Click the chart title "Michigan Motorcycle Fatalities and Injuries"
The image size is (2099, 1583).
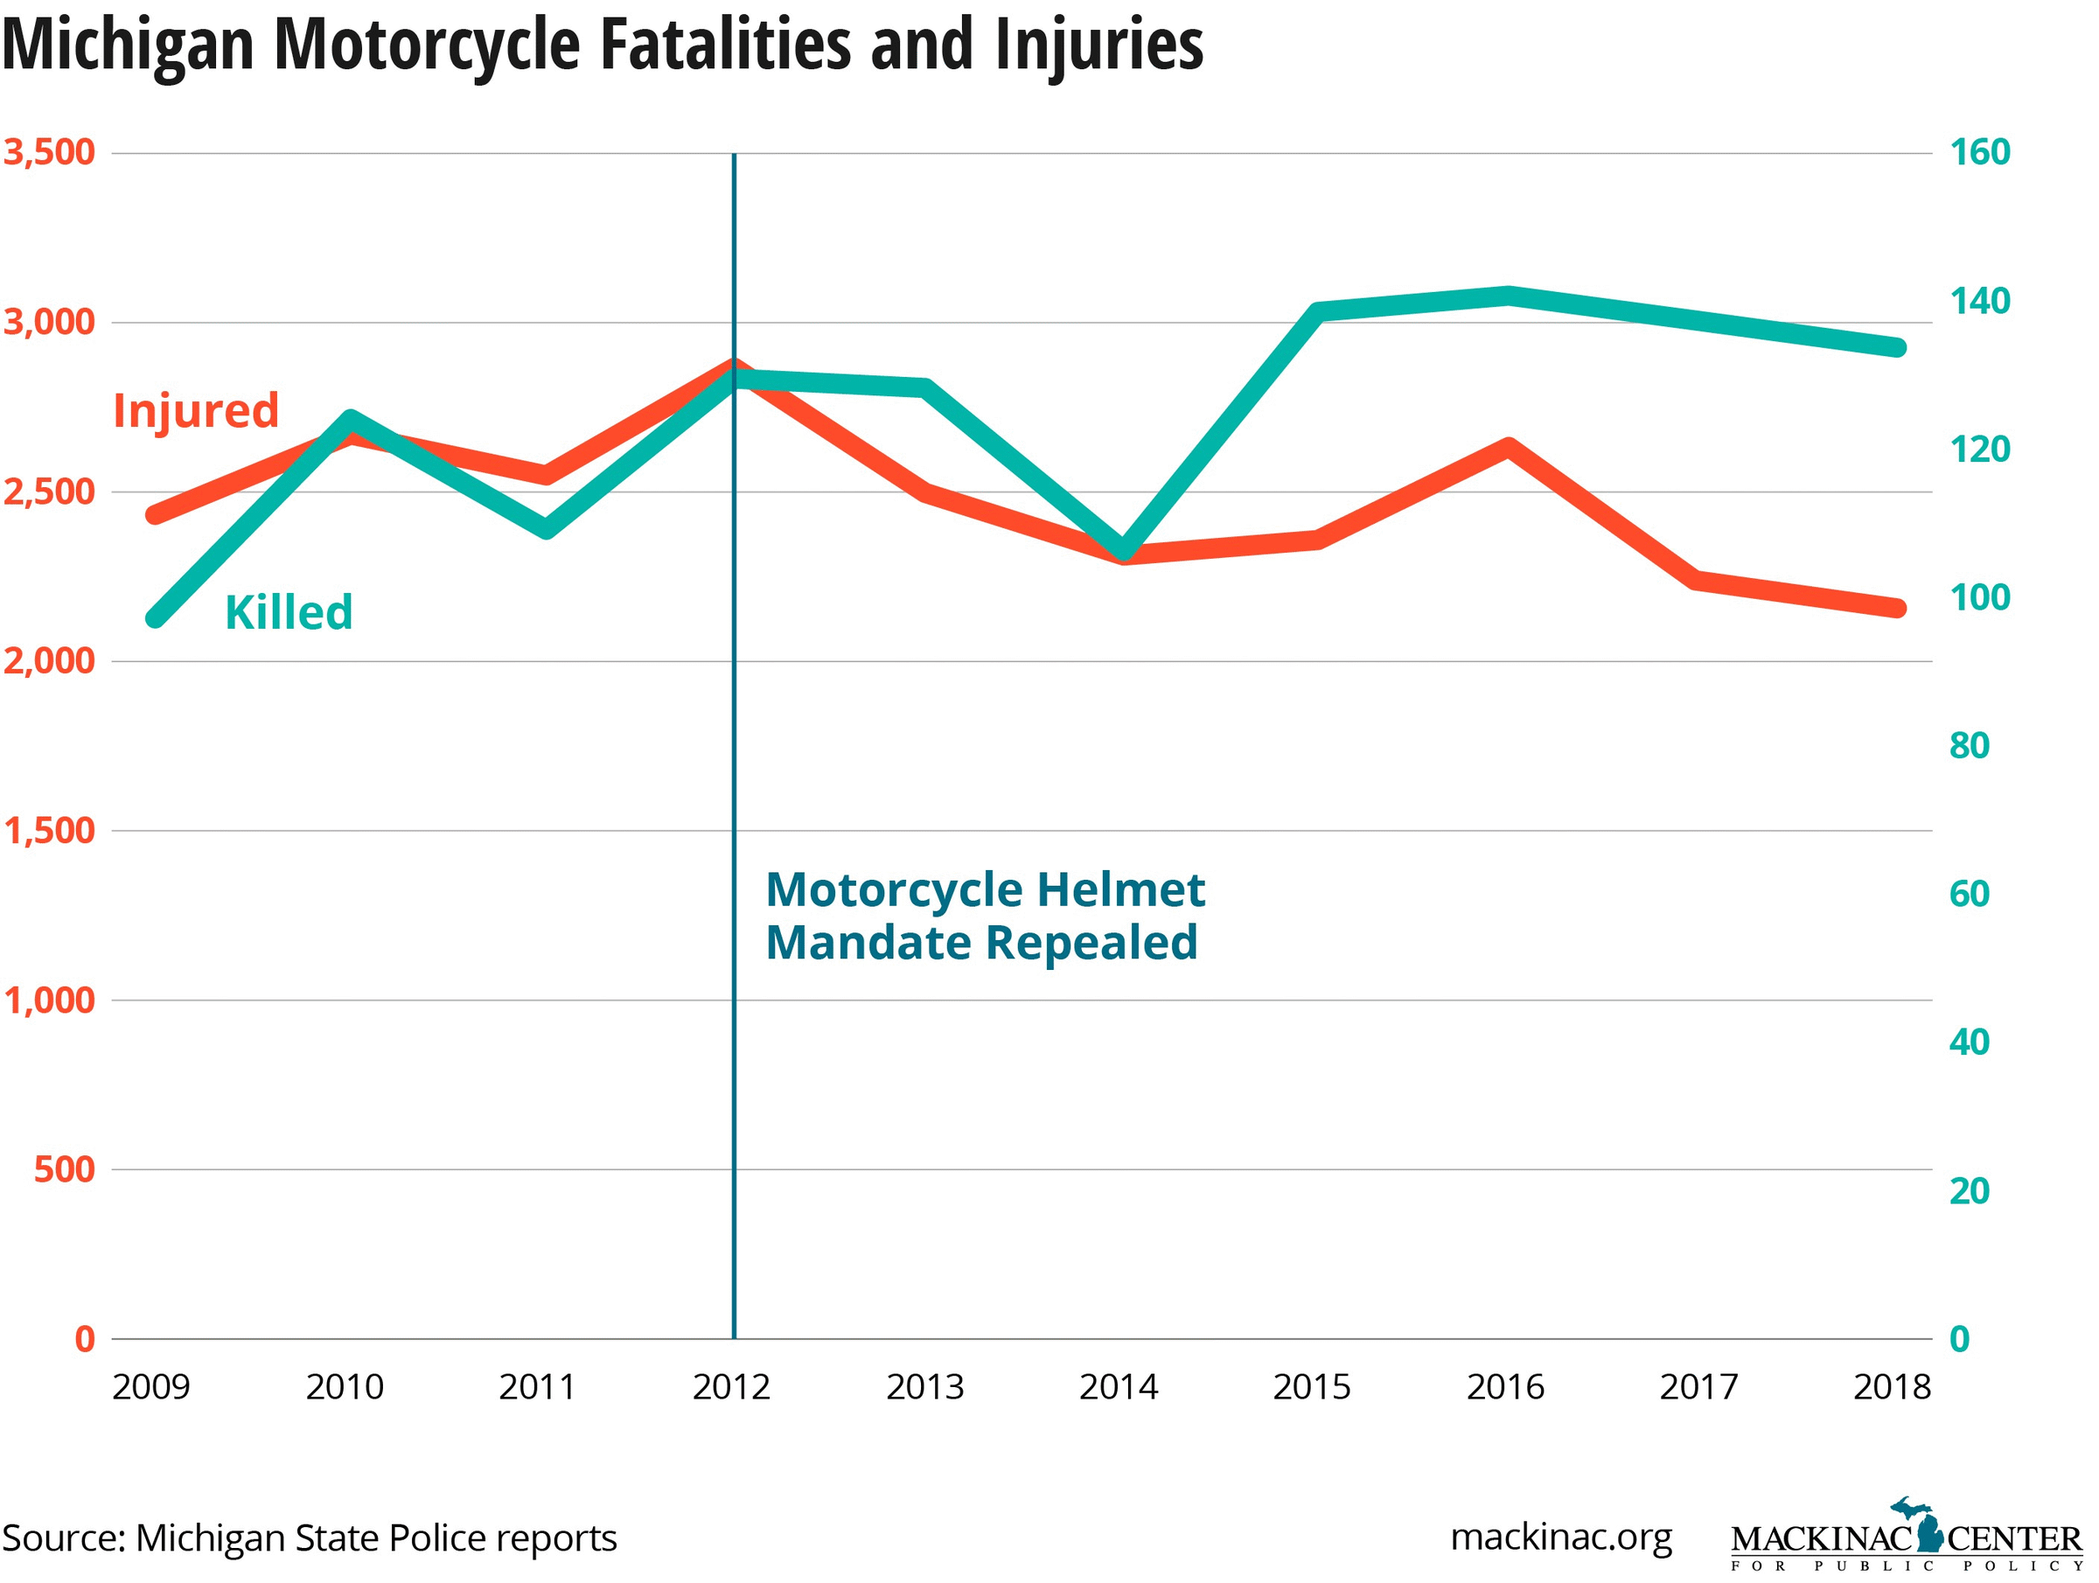[x=603, y=45]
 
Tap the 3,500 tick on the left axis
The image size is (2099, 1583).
[x=49, y=152]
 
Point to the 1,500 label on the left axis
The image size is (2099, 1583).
[x=49, y=830]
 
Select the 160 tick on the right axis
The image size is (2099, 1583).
[x=1979, y=152]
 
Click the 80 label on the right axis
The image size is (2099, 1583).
[x=1969, y=746]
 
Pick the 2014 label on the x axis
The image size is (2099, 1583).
[x=1118, y=1387]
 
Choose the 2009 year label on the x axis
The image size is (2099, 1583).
[x=151, y=1387]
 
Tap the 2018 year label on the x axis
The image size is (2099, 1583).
[x=1891, y=1387]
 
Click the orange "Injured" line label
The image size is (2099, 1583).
[x=196, y=411]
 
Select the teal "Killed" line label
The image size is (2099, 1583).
[x=289, y=612]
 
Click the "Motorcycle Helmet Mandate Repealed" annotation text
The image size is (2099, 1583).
[x=984, y=916]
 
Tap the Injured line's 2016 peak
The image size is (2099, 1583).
[x=1508, y=446]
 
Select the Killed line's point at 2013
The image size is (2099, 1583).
[x=925, y=387]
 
